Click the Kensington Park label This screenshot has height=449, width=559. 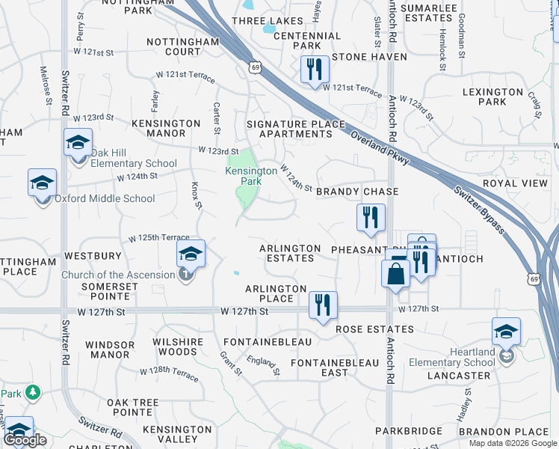251,176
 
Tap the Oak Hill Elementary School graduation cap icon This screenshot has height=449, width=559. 78,143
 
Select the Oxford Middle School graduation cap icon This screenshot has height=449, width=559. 43,182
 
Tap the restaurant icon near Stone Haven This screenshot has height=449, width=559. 315,69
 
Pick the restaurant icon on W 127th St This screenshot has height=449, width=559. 323,305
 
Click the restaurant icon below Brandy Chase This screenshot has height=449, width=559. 370,218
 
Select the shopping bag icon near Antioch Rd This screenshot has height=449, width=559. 395,273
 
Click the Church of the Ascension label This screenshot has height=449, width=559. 119,275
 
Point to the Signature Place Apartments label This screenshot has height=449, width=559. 296,129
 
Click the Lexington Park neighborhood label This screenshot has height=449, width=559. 492,97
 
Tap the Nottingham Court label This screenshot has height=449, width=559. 173,46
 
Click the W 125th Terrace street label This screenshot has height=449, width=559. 153,237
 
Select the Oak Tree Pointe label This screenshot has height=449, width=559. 133,407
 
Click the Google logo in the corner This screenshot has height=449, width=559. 25,440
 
